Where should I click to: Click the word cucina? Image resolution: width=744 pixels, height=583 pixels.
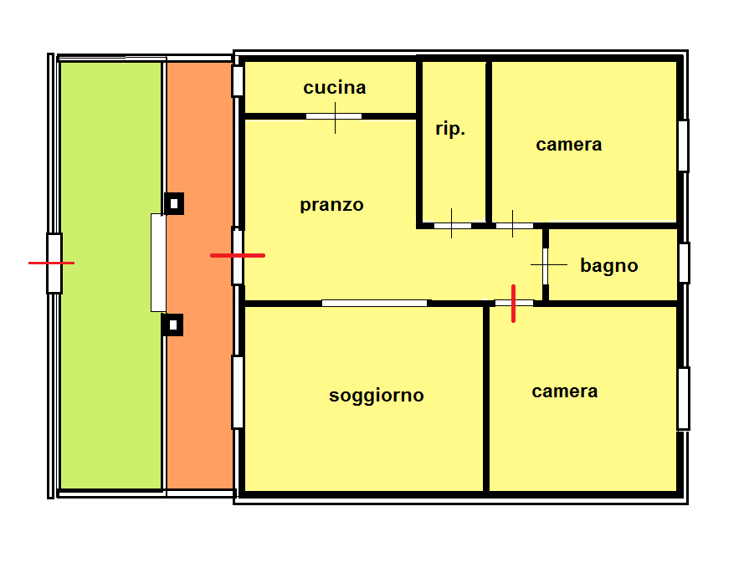tap(335, 88)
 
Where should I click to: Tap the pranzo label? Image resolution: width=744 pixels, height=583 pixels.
tap(331, 205)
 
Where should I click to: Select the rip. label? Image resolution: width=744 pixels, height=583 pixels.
tap(450, 129)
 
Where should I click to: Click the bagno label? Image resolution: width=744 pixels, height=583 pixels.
tap(608, 266)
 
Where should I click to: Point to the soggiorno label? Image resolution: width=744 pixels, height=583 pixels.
tap(377, 395)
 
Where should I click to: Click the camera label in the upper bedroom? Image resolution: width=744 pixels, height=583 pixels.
tap(568, 145)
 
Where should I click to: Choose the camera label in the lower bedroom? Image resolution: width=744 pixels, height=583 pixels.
tap(564, 391)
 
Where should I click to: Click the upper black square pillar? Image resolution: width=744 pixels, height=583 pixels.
tap(174, 203)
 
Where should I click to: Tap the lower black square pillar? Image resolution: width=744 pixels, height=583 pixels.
tap(172, 325)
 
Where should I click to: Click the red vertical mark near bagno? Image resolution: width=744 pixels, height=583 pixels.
tap(513, 304)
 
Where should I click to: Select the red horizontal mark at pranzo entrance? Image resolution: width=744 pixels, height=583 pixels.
tap(238, 255)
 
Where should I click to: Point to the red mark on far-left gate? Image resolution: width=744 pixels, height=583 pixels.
tap(51, 263)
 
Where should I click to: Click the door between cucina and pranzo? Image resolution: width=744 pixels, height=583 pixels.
tap(334, 116)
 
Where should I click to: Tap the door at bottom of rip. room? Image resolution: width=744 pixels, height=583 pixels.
tap(453, 226)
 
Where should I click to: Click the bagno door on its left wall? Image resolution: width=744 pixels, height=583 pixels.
tap(546, 266)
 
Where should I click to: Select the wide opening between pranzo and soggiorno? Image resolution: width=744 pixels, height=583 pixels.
tap(375, 303)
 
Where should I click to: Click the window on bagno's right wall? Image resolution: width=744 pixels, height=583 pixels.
tap(684, 263)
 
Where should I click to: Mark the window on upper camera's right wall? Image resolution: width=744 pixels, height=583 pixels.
tap(683, 146)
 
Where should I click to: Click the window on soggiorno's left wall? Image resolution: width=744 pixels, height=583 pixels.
tap(238, 392)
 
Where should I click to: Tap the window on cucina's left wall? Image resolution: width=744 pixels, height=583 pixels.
tap(238, 81)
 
